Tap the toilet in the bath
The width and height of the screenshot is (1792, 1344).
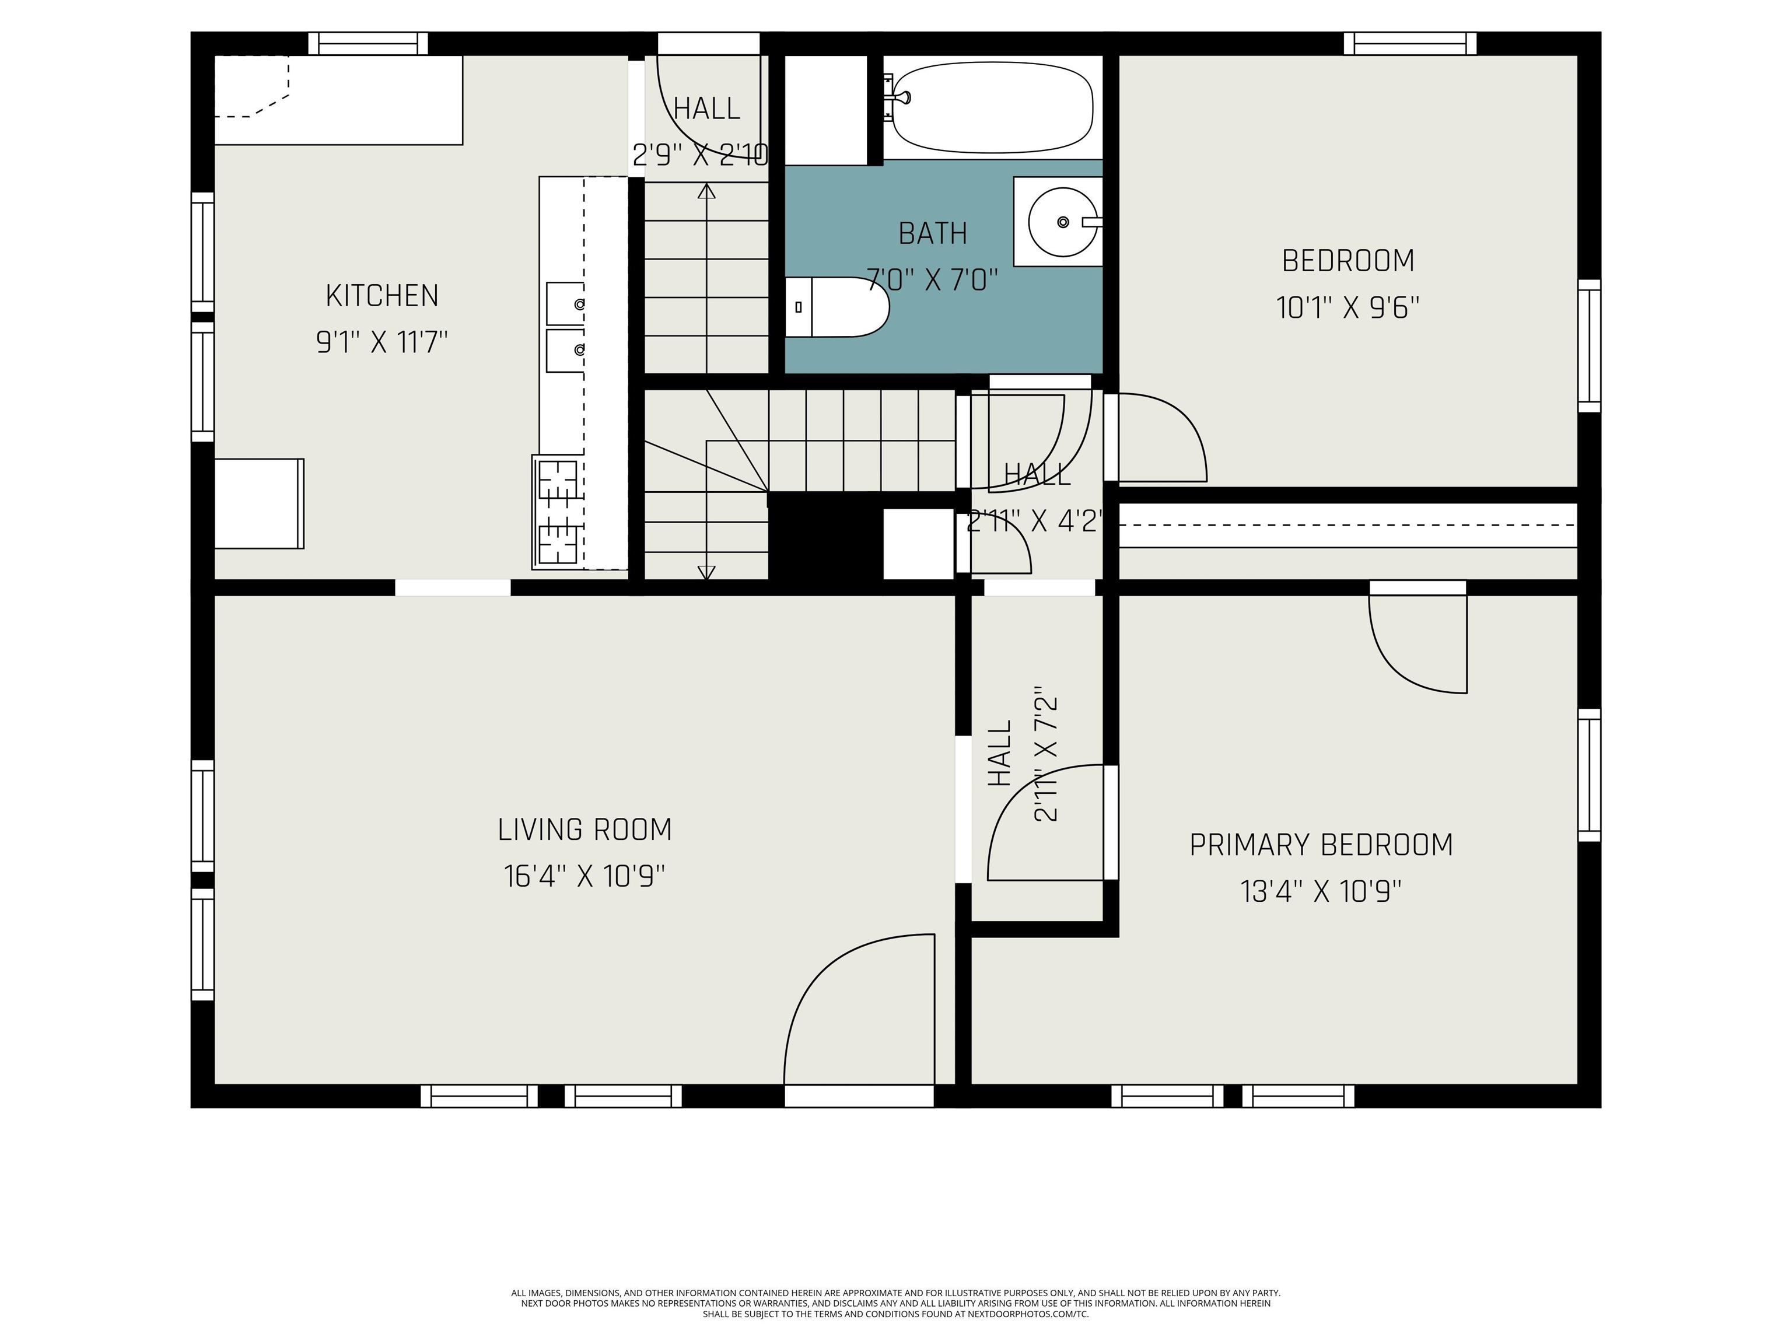(x=838, y=307)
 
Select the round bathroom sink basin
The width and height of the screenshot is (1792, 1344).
(x=1063, y=222)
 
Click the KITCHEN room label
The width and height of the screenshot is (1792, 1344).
(x=381, y=296)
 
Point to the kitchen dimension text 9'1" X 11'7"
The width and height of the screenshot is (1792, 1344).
(x=381, y=342)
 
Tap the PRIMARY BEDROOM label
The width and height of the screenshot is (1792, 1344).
(x=1321, y=845)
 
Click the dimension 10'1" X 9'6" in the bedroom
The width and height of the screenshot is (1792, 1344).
(x=1348, y=308)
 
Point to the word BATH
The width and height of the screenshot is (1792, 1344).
(x=932, y=233)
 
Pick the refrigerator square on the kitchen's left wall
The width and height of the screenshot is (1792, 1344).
(x=259, y=504)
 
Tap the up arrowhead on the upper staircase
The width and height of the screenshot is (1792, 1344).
(x=706, y=191)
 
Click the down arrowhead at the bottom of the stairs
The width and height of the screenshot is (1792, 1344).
(x=706, y=572)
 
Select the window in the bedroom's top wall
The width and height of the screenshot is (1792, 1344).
(x=1409, y=44)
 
